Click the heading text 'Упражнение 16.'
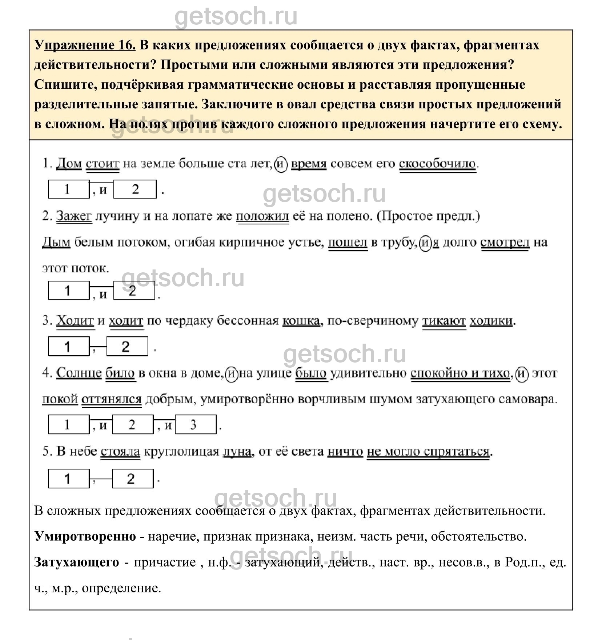point(85,45)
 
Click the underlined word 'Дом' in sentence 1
point(69,164)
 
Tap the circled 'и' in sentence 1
point(281,164)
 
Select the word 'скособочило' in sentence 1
point(437,164)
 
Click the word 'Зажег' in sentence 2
point(74,216)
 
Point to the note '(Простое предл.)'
point(429,216)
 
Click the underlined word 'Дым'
point(56,242)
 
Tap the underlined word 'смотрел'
point(505,242)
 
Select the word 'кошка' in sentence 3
point(301,321)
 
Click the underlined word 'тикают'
point(444,321)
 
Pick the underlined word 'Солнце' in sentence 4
point(79,373)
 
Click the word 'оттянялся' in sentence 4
point(111,399)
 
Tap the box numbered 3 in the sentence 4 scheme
point(196,424)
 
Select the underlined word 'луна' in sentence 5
point(237,452)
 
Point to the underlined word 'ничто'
point(345,452)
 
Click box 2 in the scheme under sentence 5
point(132,479)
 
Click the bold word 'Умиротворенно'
point(85,536)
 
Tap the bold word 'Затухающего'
point(77,562)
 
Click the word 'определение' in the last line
point(121,588)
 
